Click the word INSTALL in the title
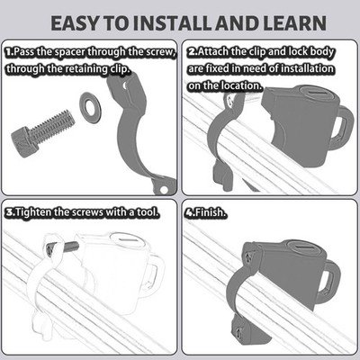pos(172,23)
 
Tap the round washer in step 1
pos(90,108)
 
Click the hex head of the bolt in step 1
pos(22,141)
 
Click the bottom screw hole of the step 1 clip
pos(164,190)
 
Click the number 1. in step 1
pos(9,51)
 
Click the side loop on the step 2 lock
pos(345,127)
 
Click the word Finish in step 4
pos(210,212)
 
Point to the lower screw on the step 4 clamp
pos(239,331)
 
